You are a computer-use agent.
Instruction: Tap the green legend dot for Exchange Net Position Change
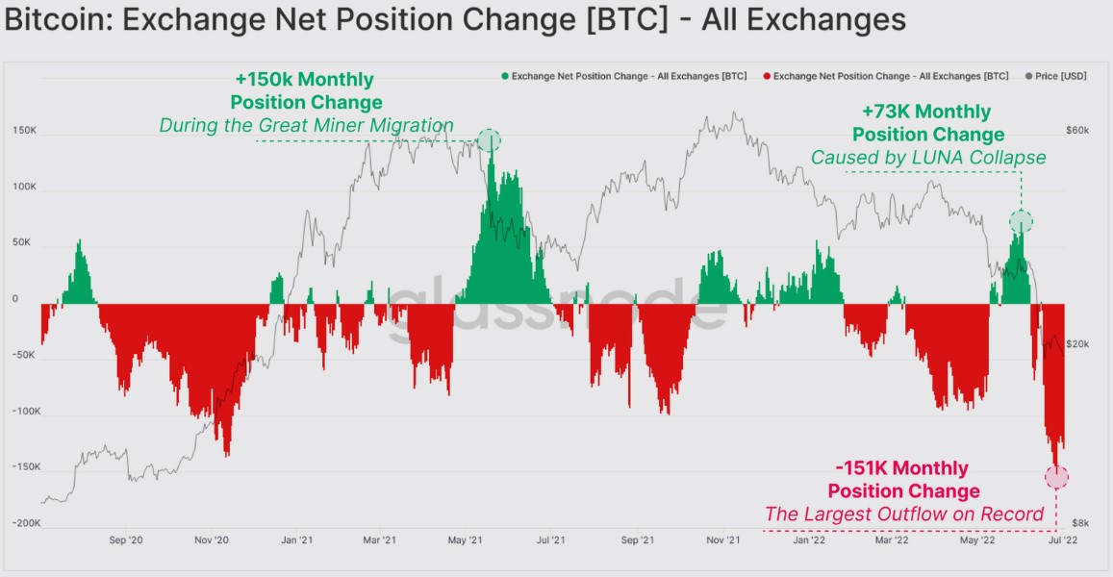pos(505,76)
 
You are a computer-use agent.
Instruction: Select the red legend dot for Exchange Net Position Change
pos(766,76)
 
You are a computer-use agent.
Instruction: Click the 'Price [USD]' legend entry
pos(1058,76)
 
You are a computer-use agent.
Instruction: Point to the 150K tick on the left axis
pos(25,130)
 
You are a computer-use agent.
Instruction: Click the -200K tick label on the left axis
pos(25,523)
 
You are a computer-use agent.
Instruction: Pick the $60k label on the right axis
pos(1076,130)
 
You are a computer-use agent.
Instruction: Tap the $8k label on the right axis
pos(1080,523)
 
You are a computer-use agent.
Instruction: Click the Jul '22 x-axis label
pos(1058,541)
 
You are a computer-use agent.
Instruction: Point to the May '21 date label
pos(465,541)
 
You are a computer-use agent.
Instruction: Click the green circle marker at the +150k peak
pos(489,141)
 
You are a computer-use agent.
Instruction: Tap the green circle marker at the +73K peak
pos(1021,221)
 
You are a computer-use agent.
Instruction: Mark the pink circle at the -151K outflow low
pos(1056,477)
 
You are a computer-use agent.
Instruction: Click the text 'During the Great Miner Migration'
pos(306,125)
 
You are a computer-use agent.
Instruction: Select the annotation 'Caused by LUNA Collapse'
pos(927,157)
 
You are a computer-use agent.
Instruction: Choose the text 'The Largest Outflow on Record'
pos(904,514)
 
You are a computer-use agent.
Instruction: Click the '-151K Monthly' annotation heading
pos(902,468)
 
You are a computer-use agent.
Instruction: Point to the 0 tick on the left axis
pos(15,299)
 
